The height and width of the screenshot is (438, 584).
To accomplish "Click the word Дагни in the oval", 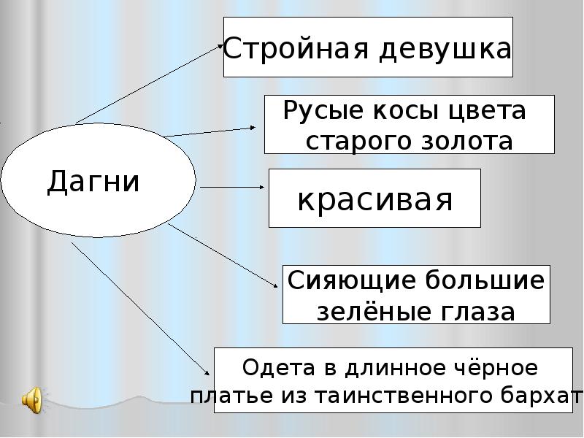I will [93, 180].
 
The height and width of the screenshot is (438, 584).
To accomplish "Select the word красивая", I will [374, 199].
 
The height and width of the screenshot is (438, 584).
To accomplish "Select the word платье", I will [223, 395].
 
